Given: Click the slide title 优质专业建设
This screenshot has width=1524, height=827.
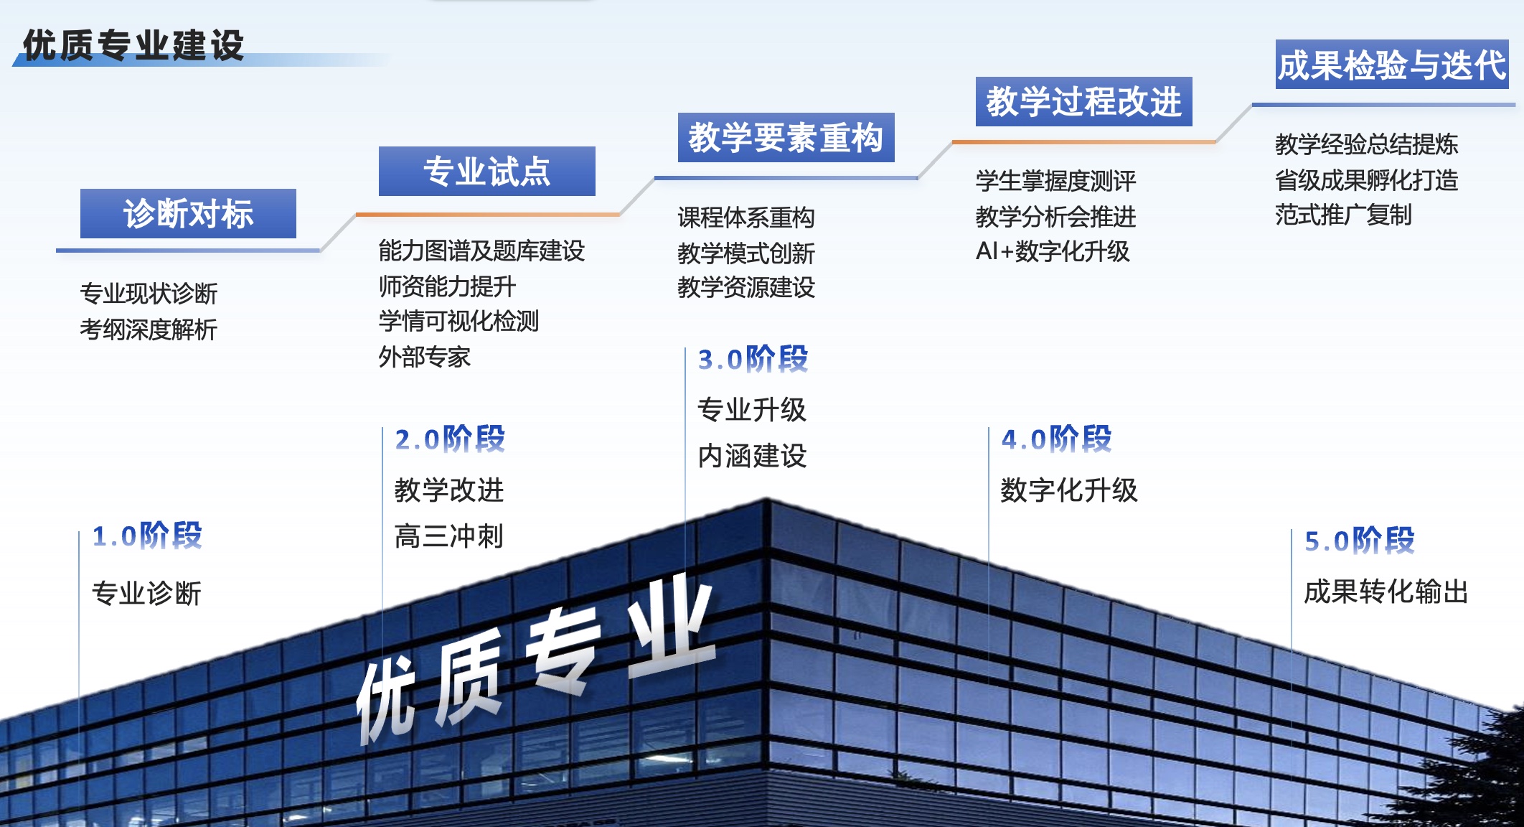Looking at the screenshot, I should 133,45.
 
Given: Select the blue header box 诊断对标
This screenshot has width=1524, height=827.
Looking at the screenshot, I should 188,213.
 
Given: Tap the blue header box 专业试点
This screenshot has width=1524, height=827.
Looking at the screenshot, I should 486,172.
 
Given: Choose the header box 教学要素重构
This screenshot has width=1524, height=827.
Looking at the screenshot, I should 786,137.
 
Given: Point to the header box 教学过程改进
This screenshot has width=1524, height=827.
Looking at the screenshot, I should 1083,101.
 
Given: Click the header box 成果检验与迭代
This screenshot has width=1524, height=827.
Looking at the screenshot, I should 1391,65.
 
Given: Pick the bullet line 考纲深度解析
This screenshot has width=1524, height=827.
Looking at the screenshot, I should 149,330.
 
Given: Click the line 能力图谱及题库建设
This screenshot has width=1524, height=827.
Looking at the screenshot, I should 481,251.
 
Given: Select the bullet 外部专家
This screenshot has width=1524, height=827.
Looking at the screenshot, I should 425,357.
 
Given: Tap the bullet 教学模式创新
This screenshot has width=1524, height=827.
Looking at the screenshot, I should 746,253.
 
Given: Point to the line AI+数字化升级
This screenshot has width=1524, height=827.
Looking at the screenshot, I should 1053,251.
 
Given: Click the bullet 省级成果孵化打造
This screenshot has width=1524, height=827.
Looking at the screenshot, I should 1366,179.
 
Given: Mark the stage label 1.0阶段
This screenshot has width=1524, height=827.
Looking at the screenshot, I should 147,536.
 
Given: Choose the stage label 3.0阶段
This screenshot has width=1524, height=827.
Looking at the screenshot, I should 753,359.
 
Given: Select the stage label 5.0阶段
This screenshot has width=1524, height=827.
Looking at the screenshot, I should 1359,541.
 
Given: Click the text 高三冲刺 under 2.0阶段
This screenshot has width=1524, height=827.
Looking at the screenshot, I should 449,536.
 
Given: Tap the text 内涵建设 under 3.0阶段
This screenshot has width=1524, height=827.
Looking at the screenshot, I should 752,456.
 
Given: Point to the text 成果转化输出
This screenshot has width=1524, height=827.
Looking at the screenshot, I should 1386,592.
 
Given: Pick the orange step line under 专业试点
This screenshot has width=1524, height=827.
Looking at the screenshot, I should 488,214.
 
